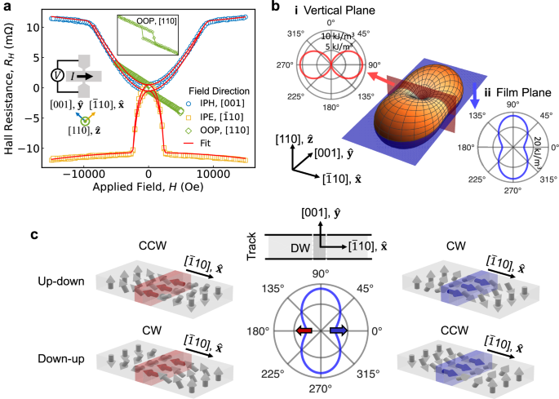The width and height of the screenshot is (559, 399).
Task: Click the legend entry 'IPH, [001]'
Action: (226, 105)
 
